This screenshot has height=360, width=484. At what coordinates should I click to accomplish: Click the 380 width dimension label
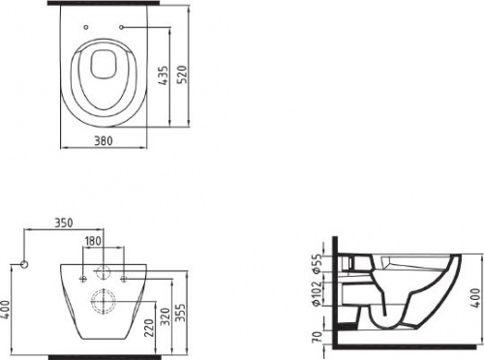tap(104, 141)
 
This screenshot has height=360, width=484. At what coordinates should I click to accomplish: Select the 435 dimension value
tap(165, 75)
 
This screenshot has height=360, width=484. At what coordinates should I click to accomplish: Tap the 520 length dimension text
tap(183, 75)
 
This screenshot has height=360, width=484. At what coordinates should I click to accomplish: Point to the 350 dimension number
tap(64, 223)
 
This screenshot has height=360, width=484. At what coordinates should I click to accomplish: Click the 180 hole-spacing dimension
tap(93, 241)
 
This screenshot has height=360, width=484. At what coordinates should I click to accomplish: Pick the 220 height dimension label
tap(149, 327)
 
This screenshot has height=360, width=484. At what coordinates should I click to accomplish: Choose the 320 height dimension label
tap(166, 316)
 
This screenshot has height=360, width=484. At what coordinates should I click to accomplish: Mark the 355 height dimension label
tap(181, 313)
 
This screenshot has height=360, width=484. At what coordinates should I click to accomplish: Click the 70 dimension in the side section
tap(318, 337)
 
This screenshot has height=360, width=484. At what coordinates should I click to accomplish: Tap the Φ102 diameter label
tap(318, 293)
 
